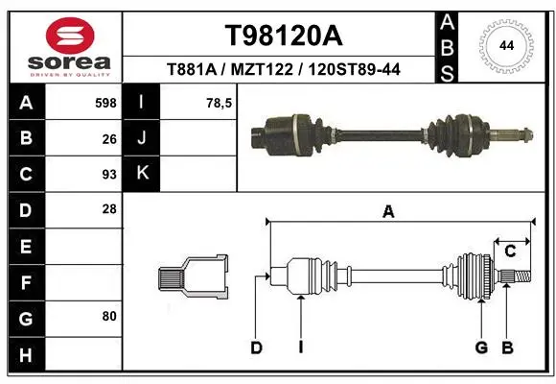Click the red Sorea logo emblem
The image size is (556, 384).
point(70,36)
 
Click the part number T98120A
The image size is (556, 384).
point(284,36)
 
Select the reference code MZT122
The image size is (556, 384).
point(262,69)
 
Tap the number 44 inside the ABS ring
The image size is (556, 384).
point(506,46)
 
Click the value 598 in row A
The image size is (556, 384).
point(105,103)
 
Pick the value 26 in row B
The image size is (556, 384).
point(109,139)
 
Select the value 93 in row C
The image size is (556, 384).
point(109,175)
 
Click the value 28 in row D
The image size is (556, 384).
point(109,209)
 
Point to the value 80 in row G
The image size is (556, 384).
point(109,316)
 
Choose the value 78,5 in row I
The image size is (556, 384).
point(220,103)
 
